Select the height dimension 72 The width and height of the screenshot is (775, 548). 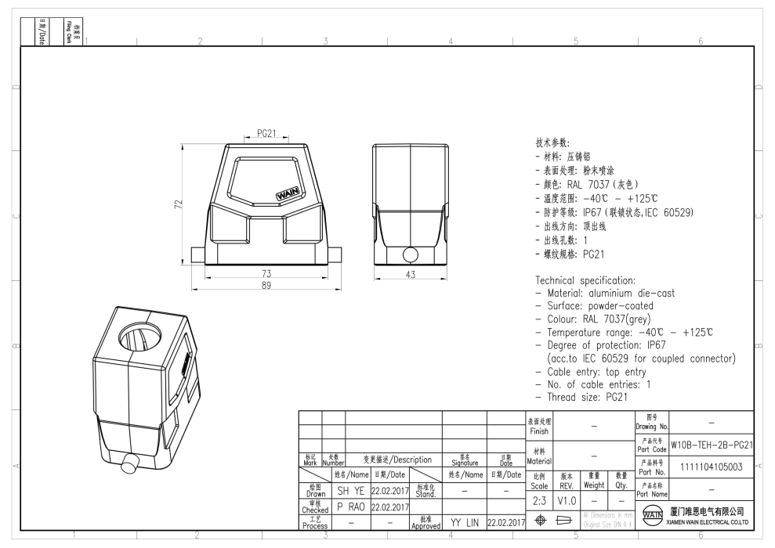178,204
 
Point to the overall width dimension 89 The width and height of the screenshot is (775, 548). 267,285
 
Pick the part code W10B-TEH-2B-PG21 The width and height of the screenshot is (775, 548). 712,445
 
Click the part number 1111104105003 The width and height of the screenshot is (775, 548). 712,467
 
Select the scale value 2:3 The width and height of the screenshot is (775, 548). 540,499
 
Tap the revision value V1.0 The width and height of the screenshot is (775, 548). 567,499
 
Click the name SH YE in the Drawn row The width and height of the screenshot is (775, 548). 350,491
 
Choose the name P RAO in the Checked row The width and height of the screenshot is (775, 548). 350,507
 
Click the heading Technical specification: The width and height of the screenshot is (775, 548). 584,279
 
